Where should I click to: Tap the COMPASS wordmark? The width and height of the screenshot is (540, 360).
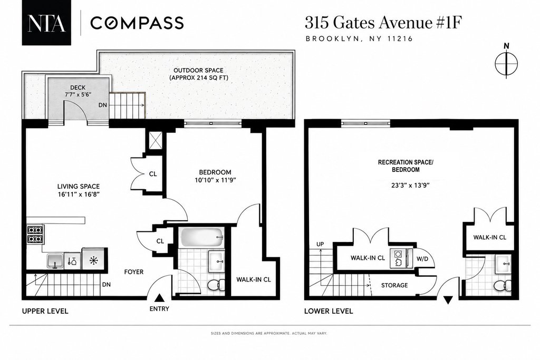click(x=137, y=23)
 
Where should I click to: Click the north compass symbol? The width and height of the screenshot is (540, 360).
click(x=506, y=63)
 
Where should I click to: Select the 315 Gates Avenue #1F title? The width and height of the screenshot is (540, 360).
click(x=383, y=23)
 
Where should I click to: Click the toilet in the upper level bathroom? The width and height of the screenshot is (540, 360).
click(x=216, y=284)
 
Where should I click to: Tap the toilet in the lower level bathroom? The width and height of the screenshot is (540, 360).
click(x=503, y=285)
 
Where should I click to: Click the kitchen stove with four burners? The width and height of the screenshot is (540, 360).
click(x=35, y=234)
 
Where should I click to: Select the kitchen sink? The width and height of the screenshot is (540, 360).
click(x=55, y=260)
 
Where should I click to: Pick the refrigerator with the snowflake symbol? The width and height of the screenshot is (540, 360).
click(x=93, y=260)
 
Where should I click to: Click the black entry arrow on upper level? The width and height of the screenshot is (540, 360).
click(x=159, y=298)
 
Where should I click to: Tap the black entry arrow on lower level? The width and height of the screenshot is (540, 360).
click(x=448, y=300)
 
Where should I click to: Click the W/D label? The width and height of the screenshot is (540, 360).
click(x=422, y=258)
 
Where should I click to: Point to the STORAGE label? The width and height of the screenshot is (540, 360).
click(x=394, y=285)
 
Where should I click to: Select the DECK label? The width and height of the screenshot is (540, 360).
click(x=78, y=87)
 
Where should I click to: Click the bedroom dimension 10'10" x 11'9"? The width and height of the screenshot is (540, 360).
click(x=215, y=180)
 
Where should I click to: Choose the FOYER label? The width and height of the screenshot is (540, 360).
click(x=134, y=272)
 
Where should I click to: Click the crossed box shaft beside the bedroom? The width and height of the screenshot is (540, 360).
click(x=155, y=141)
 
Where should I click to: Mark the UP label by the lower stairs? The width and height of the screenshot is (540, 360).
click(x=320, y=245)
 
